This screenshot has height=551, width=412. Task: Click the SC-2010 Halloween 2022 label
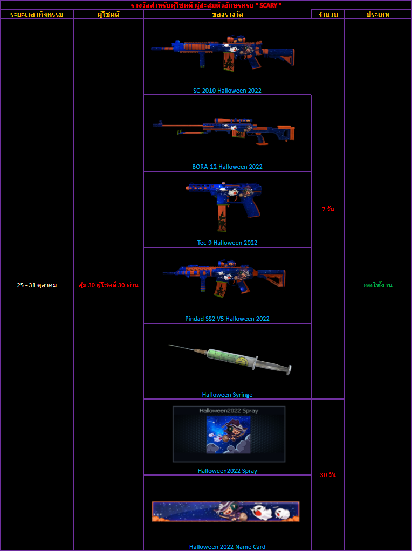point(227,91)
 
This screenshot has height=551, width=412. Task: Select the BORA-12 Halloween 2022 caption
point(227,167)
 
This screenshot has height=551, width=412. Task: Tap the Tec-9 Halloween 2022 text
point(227,243)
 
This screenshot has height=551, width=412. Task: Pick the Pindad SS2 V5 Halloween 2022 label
point(227,319)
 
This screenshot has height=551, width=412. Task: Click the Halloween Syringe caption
point(227,395)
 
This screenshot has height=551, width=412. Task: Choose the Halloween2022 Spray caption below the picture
point(227,471)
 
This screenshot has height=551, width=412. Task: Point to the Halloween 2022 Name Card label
point(227,547)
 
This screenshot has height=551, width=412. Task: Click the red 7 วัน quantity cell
point(328,209)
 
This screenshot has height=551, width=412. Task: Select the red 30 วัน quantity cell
point(328,475)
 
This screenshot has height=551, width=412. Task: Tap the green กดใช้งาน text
point(378,285)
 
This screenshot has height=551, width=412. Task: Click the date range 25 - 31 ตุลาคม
point(37,285)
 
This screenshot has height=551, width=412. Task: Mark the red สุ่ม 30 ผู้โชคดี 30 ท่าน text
point(108,285)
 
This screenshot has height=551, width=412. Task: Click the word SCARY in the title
point(268,5)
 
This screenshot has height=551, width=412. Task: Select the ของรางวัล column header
point(228,15)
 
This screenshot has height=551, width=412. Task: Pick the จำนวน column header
point(328,15)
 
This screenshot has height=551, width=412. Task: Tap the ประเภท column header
point(378,15)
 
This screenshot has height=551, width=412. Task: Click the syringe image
point(230,359)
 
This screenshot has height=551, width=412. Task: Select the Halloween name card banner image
point(226,511)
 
